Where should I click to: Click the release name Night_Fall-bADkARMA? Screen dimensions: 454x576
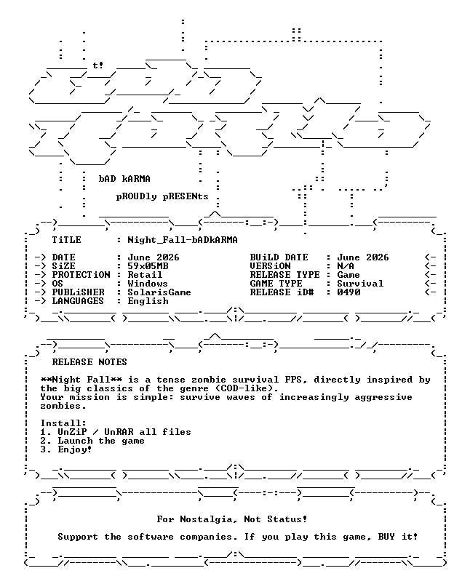pyautogui.click(x=183, y=240)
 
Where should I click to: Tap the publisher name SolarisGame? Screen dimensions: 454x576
pyautogui.click(x=159, y=292)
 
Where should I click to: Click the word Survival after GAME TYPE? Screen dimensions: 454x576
pyautogui.click(x=360, y=284)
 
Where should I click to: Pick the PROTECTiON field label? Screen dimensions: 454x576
pyautogui.click(x=81, y=275)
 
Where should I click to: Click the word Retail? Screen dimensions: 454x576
pyautogui.click(x=145, y=275)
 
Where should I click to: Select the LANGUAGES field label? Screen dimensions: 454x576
pyautogui.click(x=78, y=301)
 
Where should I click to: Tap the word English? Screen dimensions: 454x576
pyautogui.click(x=148, y=301)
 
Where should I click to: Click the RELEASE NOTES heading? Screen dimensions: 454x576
pyautogui.click(x=89, y=362)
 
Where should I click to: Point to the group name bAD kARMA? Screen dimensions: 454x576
pyautogui.click(x=124, y=179)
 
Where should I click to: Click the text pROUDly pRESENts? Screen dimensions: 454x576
pyautogui.click(x=162, y=196)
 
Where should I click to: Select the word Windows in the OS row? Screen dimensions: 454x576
pyautogui.click(x=148, y=284)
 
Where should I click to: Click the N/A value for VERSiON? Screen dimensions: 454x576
pyautogui.click(x=346, y=266)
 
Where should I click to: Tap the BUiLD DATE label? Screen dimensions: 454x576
pyautogui.click(x=279, y=257)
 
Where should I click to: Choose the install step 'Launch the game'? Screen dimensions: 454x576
pyautogui.click(x=101, y=441)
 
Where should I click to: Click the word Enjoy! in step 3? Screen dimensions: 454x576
pyautogui.click(x=75, y=449)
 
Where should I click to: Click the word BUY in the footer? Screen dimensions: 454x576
pyautogui.click(x=386, y=537)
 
